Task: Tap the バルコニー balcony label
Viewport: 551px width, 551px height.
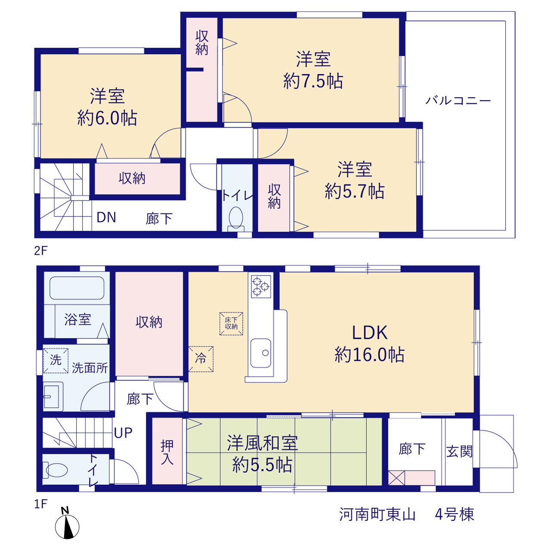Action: coord(458,101)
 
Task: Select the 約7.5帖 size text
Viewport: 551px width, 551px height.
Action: coord(313,81)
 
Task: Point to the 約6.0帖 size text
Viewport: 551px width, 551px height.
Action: coord(107,118)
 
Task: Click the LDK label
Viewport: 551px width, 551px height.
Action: coord(369,333)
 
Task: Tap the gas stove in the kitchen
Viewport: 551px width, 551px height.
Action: coord(261,286)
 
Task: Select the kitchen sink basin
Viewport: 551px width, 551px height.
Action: coord(260,353)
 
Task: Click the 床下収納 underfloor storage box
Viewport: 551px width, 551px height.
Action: coord(231,323)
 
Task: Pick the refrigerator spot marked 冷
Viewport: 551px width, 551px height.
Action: coord(201,359)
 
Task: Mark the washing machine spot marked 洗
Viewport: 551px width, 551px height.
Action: coord(56,361)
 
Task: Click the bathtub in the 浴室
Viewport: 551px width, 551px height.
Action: coord(77,288)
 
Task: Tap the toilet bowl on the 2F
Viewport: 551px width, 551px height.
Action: coord(236,219)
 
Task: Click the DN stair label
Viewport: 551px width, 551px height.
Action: coord(106,217)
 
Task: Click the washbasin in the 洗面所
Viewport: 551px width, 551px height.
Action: coord(53,396)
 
